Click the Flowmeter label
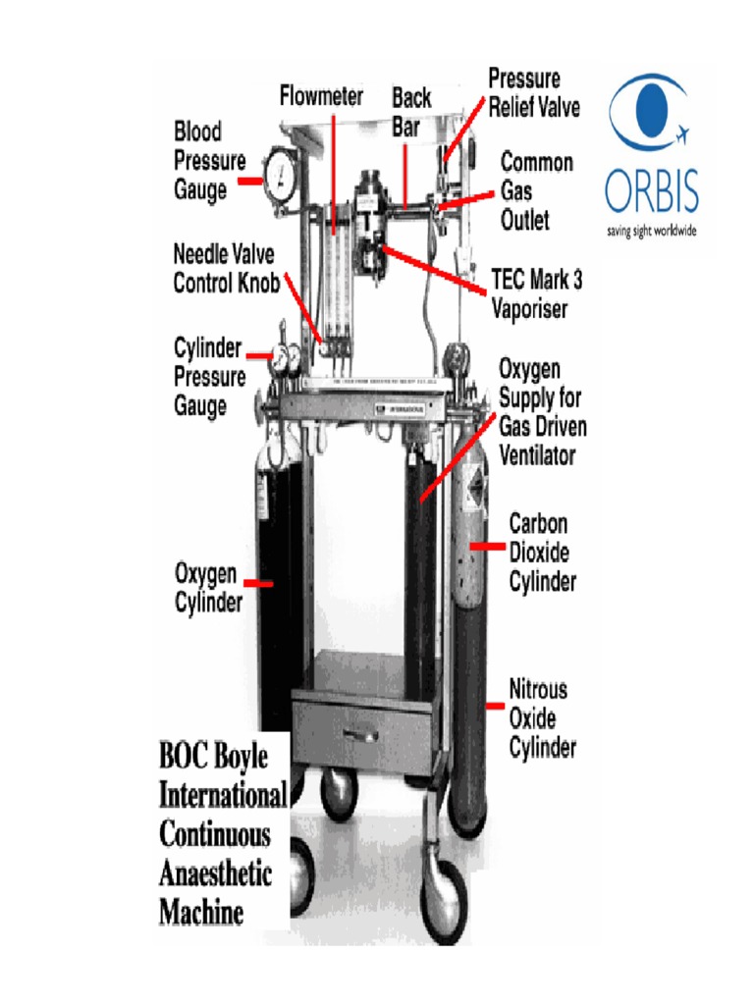(321, 96)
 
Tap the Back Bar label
(411, 112)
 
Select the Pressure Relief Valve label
(534, 92)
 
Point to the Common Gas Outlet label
(537, 191)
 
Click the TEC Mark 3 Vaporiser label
(536, 294)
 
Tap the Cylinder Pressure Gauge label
(208, 377)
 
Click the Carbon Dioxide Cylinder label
(542, 553)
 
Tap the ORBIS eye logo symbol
(646, 114)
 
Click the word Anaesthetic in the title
(215, 873)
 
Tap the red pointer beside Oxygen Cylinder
(257, 583)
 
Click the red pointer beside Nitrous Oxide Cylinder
(494, 705)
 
